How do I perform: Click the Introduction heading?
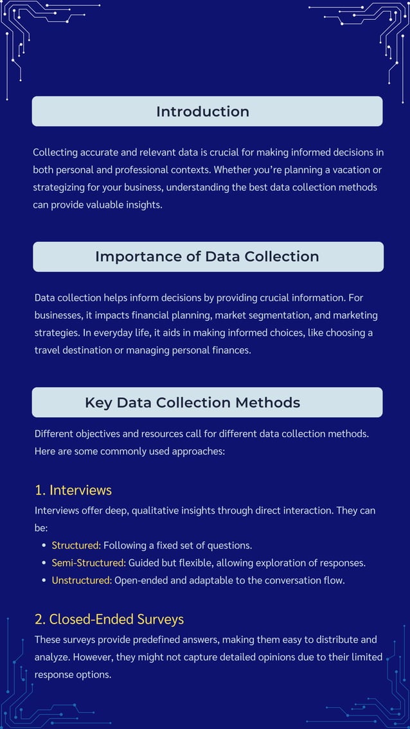tap(202, 111)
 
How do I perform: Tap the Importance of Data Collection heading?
tap(207, 256)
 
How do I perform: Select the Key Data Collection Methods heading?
tap(192, 402)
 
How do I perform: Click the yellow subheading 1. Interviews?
tap(73, 490)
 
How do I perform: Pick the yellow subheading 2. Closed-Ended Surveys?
tap(109, 619)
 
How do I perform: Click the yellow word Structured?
tap(76, 545)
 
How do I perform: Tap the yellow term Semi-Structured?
tap(88, 562)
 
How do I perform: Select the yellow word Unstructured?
tap(82, 580)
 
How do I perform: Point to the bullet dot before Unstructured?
tap(44, 580)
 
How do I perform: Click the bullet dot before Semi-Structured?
tap(44, 563)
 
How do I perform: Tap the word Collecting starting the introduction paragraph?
tap(55, 152)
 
